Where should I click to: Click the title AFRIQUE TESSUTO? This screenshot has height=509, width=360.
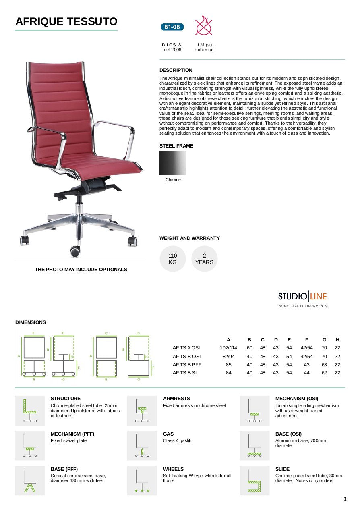point(66,21)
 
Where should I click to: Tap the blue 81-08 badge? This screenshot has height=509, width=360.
point(172,27)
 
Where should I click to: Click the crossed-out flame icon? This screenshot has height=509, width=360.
point(204,25)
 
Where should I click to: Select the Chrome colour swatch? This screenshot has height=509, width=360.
point(173,163)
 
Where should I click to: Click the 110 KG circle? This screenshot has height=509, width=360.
point(173,259)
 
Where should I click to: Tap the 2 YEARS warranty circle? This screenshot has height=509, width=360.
point(204,259)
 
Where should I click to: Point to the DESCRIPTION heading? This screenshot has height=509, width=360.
point(176,70)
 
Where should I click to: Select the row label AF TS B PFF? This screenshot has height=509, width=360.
point(187,365)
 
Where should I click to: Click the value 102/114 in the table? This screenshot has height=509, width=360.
point(228,348)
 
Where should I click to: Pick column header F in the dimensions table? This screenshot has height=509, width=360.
point(307,340)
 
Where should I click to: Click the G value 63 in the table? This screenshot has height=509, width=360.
point(325,365)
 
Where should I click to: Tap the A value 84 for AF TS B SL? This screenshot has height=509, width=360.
point(228,373)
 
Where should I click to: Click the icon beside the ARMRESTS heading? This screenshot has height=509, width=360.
point(142,411)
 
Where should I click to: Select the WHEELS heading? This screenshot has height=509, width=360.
point(173,469)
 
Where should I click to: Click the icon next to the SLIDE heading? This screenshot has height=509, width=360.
point(254,481)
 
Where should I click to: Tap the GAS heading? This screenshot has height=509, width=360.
point(168,434)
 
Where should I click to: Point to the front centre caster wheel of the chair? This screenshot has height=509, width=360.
point(75,251)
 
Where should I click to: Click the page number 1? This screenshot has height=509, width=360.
point(345,499)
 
